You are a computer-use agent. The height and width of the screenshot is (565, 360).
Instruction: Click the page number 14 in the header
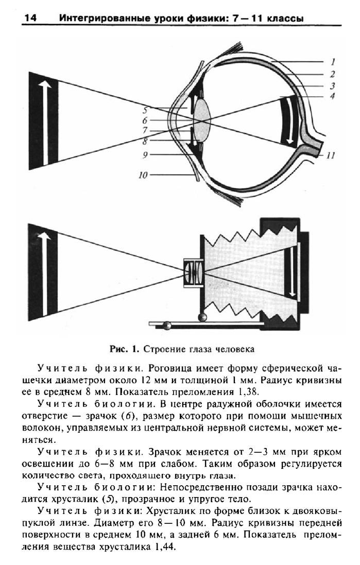click(30, 18)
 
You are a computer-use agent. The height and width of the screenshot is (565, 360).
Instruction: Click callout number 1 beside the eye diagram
click(333, 62)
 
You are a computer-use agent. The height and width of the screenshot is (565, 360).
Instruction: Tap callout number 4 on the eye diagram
click(332, 96)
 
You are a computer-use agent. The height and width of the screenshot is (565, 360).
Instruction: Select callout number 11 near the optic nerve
click(331, 156)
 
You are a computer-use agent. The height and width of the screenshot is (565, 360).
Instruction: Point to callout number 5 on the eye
click(145, 110)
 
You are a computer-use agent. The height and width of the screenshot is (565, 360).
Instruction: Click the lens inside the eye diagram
click(203, 120)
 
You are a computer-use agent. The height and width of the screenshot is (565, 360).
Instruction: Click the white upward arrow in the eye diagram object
click(44, 122)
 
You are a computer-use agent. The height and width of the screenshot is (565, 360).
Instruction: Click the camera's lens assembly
click(194, 273)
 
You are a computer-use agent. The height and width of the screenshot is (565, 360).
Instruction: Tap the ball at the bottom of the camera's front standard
click(203, 317)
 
